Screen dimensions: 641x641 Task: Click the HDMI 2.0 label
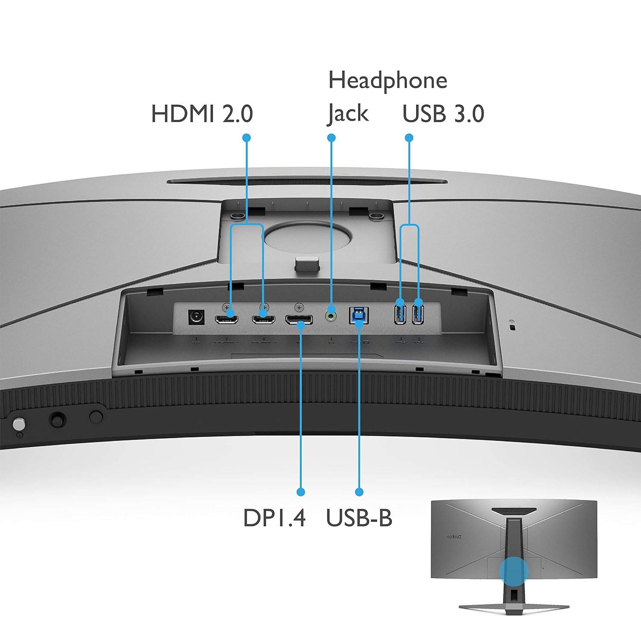tap(202, 114)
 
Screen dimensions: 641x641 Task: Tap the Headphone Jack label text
tap(387, 97)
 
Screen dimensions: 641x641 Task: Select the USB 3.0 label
tap(443, 114)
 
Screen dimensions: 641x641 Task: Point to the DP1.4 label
tap(274, 518)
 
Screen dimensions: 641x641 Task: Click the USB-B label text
tap(359, 518)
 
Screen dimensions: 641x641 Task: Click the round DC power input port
tap(196, 317)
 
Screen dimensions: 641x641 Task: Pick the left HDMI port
tap(226, 319)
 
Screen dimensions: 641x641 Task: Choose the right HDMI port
tap(263, 319)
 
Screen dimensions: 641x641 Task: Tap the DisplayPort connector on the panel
tap(299, 319)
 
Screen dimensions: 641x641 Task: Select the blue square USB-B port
tap(359, 316)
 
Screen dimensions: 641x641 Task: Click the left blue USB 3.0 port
tap(400, 313)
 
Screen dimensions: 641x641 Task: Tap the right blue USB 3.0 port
tap(418, 313)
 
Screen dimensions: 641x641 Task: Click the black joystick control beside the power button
tap(58, 419)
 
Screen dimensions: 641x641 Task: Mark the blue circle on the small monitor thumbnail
tap(514, 571)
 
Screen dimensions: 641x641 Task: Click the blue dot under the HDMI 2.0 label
tap(246, 138)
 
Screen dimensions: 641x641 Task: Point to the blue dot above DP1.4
tap(300, 492)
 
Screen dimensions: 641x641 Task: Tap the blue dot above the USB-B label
tap(359, 492)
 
